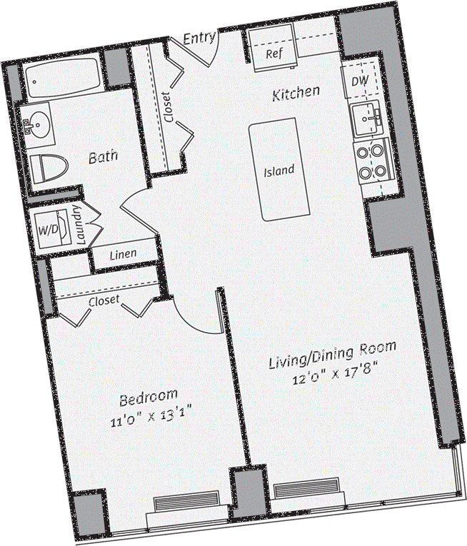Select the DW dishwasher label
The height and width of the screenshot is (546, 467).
coord(360,81)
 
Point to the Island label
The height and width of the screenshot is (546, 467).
coord(278,171)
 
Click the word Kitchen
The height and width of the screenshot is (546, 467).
coord(295,93)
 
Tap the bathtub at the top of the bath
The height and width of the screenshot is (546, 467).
coord(63,80)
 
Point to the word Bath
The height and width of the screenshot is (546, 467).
coord(103,156)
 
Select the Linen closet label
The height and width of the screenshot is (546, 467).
coord(124,254)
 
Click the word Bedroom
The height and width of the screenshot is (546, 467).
coord(148,396)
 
